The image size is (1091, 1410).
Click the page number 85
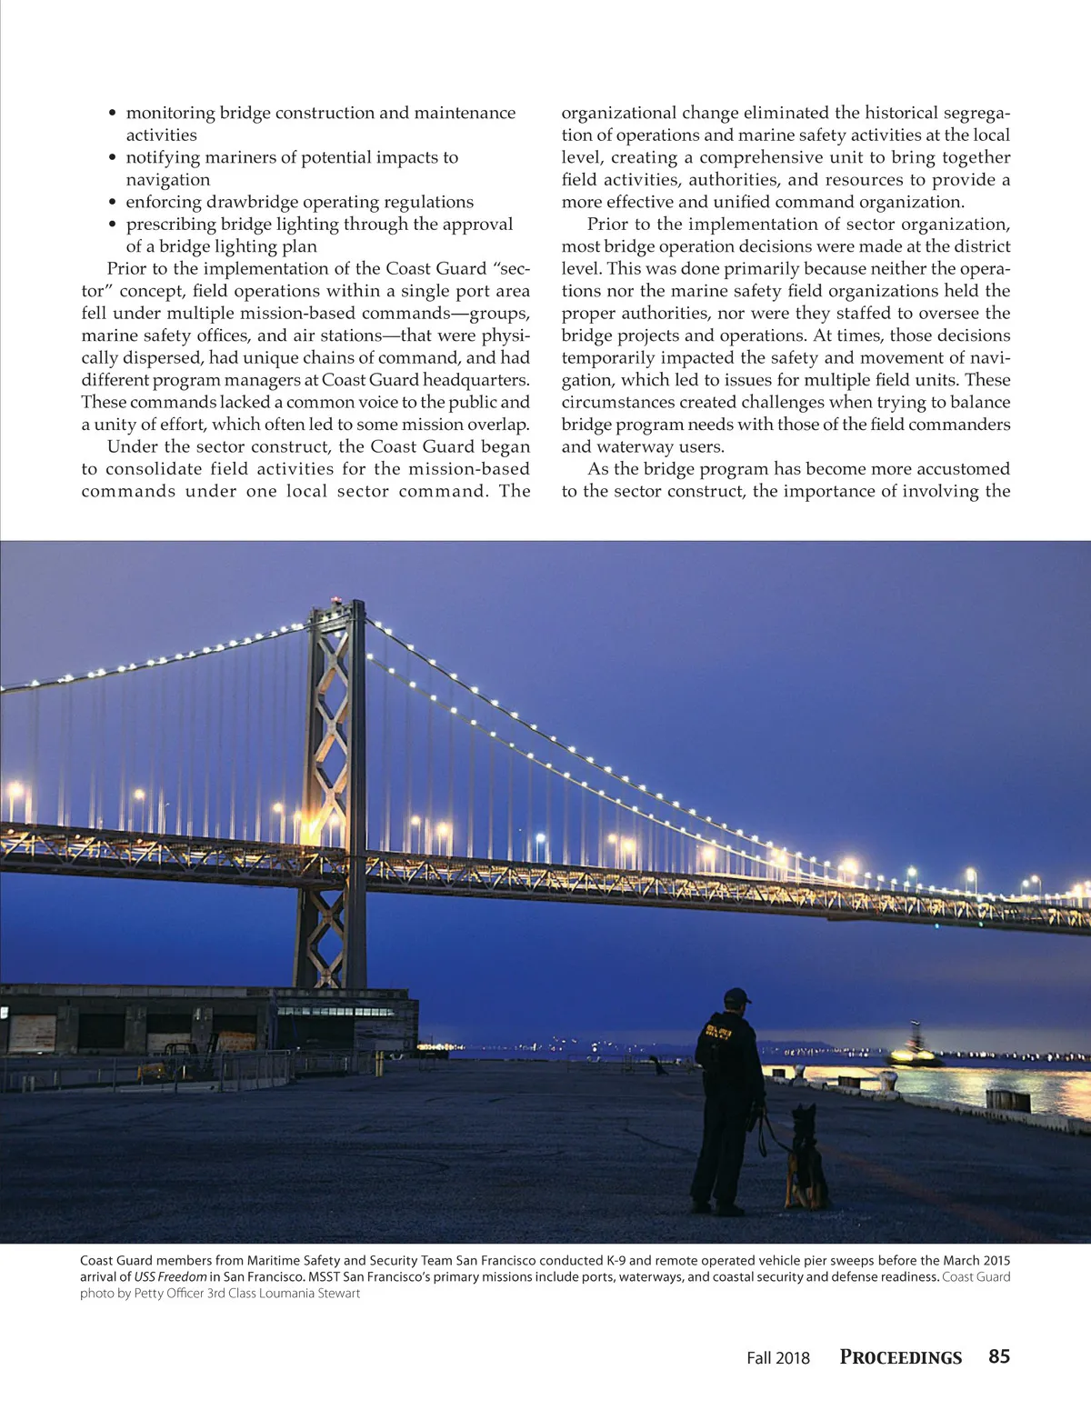(x=998, y=1356)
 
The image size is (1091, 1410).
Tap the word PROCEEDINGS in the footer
(x=900, y=1357)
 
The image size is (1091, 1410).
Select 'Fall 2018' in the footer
(x=777, y=1358)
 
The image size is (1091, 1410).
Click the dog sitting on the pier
(x=806, y=1159)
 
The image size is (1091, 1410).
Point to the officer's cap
(x=736, y=996)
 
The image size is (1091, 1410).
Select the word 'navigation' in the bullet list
(x=168, y=180)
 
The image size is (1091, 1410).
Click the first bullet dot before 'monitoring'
(x=113, y=114)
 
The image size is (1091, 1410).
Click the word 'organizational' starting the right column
(x=619, y=113)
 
